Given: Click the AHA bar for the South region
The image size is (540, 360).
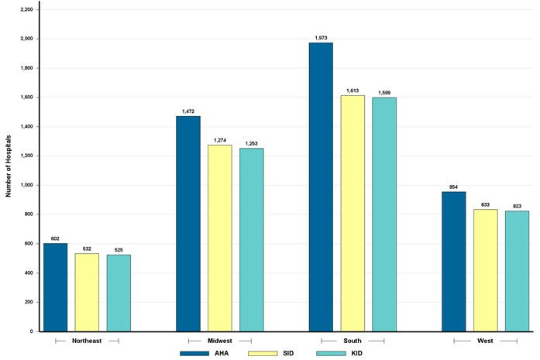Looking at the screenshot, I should pyautogui.click(x=321, y=187).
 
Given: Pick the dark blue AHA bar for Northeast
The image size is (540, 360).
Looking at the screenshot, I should pyautogui.click(x=55, y=287).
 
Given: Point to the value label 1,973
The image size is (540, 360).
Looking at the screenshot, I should pyautogui.click(x=321, y=37).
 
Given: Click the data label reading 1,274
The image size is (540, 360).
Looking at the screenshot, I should pyautogui.click(x=219, y=139).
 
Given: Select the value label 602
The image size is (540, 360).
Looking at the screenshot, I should pyautogui.click(x=55, y=238).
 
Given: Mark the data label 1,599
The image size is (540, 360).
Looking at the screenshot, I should pyautogui.click(x=384, y=92).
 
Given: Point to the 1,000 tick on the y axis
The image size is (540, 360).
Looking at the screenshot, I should pyautogui.click(x=25, y=185).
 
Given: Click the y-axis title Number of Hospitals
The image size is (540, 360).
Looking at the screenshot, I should pyautogui.click(x=9, y=166).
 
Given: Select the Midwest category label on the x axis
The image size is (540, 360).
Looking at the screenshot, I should pyautogui.click(x=220, y=341).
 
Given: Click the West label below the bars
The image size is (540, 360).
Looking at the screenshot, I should pyautogui.click(x=486, y=341).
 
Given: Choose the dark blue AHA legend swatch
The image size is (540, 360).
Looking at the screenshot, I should pyautogui.click(x=194, y=353).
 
